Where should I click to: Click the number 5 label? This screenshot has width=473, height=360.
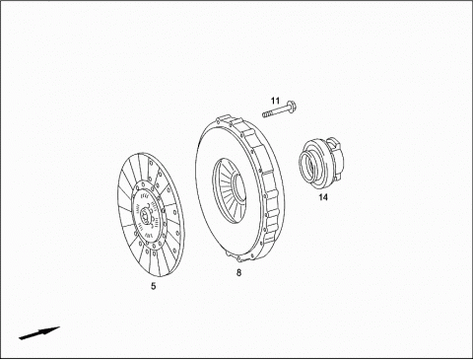[154, 286]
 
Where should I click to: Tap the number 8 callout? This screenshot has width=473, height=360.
[238, 272]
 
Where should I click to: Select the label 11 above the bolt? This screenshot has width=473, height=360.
[275, 101]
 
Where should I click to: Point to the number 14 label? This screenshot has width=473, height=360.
[323, 197]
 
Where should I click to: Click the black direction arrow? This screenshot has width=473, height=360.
[39, 332]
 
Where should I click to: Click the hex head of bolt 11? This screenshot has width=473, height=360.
[292, 108]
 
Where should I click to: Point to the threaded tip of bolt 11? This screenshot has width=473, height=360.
[266, 114]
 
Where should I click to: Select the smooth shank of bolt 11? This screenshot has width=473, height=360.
[279, 110]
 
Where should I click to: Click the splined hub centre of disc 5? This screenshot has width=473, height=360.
[145, 217]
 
